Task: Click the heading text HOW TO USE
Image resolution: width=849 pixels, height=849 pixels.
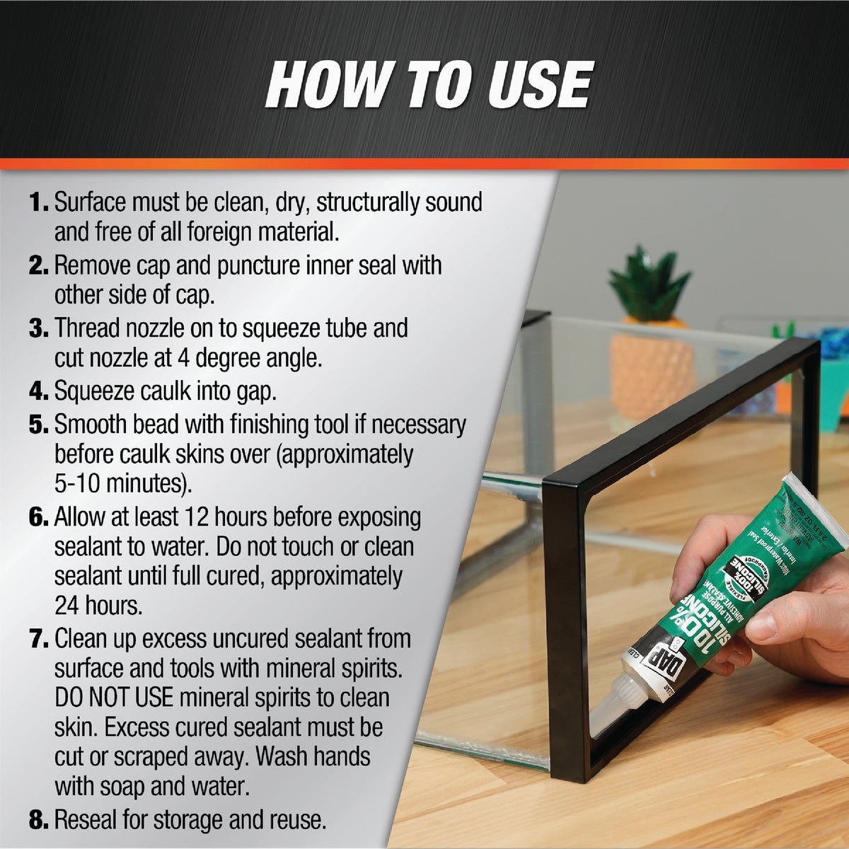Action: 429,85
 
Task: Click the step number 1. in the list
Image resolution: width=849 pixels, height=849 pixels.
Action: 39,203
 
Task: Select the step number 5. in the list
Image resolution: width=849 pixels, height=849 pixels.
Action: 39,425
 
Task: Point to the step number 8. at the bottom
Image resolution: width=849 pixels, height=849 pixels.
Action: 39,821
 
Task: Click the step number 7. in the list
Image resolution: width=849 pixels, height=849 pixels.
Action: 39,640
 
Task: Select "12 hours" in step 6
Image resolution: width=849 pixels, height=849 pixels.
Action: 226,518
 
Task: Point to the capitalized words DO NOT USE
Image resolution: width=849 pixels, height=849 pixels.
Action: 113,698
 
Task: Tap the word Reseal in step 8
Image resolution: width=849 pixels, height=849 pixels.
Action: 89,821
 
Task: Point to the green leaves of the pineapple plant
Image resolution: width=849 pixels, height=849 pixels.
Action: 647,283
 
